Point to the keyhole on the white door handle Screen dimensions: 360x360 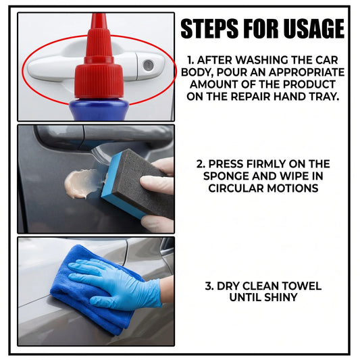(x=149, y=66)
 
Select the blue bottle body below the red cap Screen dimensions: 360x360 (x=99, y=109)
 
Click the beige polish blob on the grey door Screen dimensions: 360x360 (x=82, y=184)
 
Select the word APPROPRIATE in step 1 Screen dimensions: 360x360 (x=307, y=72)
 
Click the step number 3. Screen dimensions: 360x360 (x=209, y=286)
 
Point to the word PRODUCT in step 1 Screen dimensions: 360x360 (x=309, y=84)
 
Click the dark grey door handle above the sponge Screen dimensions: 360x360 (x=103, y=137)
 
